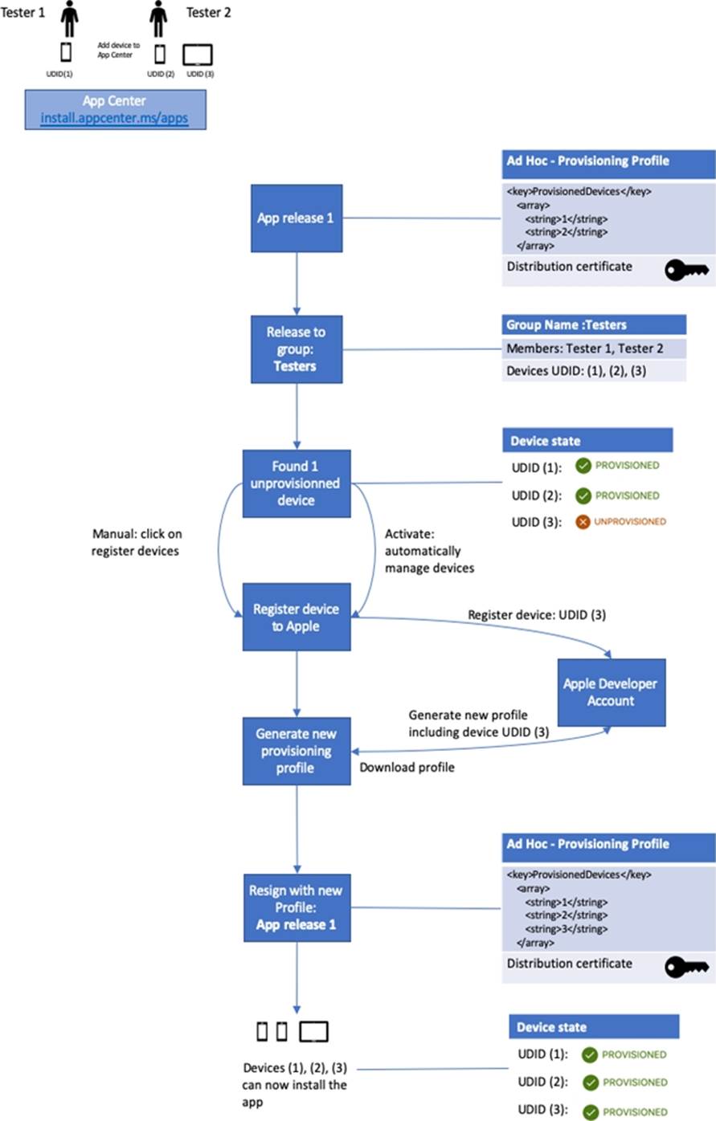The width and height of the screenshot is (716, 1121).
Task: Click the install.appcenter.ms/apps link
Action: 114,118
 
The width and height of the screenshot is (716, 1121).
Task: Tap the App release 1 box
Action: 297,218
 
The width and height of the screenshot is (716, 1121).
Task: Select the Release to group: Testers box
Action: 297,349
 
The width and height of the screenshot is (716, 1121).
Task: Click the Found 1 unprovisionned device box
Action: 297,483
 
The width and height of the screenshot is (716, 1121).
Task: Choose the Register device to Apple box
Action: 297,617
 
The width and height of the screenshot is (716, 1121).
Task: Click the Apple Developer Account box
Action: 611,692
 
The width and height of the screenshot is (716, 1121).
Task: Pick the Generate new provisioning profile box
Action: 297,751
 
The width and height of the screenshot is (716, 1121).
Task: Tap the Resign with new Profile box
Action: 297,907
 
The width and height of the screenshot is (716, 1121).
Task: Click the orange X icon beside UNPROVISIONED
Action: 583,522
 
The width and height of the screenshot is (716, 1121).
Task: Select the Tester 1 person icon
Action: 70,18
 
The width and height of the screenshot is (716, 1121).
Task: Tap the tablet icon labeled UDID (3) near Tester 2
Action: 197,55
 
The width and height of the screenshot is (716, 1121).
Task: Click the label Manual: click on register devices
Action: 136,543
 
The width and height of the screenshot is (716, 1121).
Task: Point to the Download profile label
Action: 407,768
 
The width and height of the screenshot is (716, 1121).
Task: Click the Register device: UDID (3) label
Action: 537,615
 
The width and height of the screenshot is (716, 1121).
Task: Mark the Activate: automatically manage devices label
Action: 429,551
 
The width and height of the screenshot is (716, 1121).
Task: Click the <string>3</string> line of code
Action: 566,929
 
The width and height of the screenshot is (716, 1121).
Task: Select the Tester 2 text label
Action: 209,12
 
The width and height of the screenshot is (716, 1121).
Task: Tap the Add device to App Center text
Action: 119,51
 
